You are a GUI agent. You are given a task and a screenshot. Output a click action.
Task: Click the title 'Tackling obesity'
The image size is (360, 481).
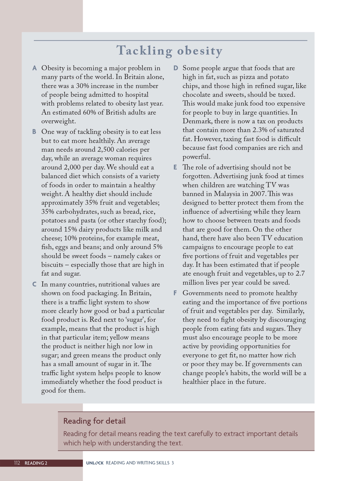coord(170,51)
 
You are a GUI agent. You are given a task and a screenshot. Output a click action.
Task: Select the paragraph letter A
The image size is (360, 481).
coord(34,68)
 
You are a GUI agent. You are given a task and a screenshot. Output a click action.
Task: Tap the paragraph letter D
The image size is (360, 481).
coord(176,68)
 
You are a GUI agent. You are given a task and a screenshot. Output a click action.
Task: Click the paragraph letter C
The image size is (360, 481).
coord(34,284)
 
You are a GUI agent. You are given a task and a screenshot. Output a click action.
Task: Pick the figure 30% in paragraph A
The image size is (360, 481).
coord(82,86)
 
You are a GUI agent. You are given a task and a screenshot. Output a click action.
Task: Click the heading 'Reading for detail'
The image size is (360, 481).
coord(94,421)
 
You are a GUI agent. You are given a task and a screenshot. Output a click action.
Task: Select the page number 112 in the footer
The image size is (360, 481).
coord(17,463)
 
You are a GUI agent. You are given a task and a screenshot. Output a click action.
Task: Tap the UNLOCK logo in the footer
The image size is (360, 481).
coord(95,463)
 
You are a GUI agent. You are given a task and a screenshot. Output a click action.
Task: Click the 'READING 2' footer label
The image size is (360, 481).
coord(36,463)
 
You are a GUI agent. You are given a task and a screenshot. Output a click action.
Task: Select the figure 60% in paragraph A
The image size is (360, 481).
coord(90,112)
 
